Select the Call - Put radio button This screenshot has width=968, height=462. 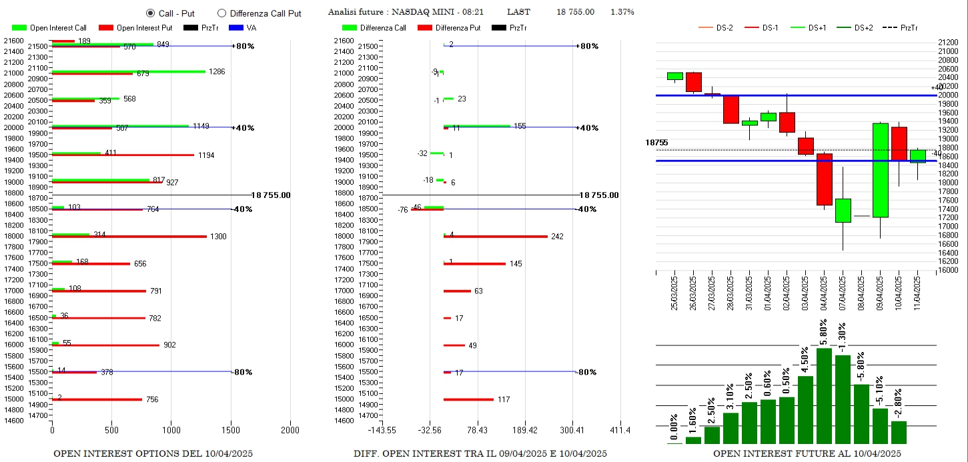pos(150,13)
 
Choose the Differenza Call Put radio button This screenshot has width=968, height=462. pos(222,13)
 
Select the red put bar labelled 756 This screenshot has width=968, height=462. pos(97,399)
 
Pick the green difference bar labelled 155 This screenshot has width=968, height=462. pos(477,125)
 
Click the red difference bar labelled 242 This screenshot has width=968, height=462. pos(496,236)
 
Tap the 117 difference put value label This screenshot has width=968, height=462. pos(504,399)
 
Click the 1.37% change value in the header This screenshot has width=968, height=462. pos(622,13)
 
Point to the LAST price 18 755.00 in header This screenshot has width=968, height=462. pos(575,13)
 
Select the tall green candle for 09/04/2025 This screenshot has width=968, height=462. pos(880,170)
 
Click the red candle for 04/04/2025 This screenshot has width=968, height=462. pos(825,179)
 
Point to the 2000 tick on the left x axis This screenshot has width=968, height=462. pos(290,430)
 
